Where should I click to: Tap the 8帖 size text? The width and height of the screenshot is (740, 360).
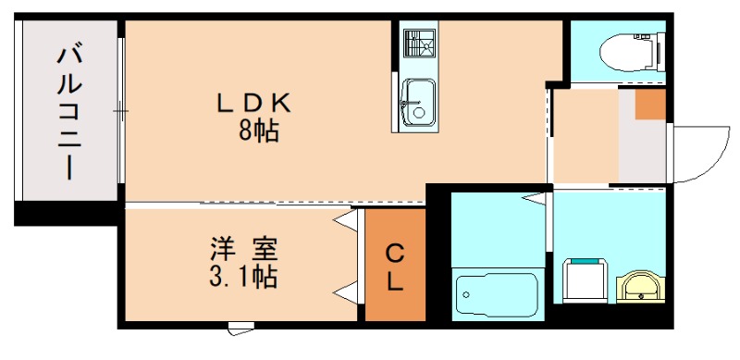[259, 131]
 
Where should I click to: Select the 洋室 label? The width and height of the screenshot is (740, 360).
[244, 249]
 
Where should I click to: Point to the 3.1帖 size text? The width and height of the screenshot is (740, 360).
[244, 276]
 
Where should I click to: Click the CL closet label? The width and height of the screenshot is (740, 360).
[395, 267]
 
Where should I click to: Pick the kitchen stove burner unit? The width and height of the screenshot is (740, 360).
[419, 43]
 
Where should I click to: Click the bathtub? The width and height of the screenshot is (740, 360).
[498, 295]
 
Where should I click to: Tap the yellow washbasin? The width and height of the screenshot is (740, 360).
[637, 286]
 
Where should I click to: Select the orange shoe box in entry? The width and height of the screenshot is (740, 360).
[650, 105]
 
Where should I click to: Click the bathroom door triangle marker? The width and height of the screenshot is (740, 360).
[534, 198]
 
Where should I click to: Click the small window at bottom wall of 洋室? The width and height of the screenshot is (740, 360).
[240, 325]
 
